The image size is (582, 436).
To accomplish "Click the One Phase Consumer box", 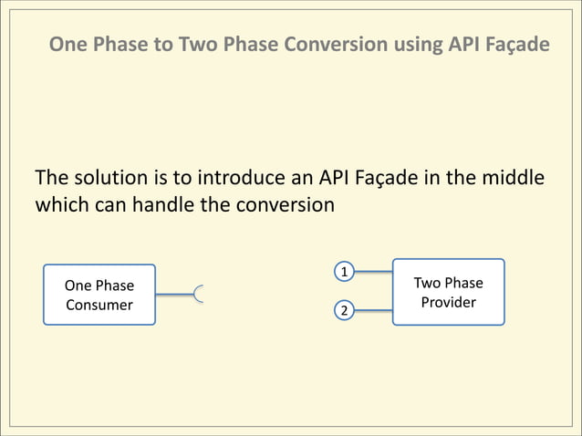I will [x=99, y=295].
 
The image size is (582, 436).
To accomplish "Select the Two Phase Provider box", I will [x=448, y=292].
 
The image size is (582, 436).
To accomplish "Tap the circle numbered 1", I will [x=344, y=272].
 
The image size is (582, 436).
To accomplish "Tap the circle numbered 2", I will [x=344, y=311].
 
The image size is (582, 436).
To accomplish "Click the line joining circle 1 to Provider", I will [x=372, y=272].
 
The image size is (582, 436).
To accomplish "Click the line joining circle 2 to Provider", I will [x=372, y=311].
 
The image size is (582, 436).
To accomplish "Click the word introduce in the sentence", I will [x=240, y=177].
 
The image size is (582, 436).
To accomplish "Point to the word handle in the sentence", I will [x=164, y=204].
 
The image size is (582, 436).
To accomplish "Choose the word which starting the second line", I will [x=62, y=204].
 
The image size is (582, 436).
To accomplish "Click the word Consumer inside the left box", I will [x=99, y=305].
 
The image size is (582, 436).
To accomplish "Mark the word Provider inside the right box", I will [x=448, y=302].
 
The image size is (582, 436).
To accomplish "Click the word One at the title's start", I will [x=67, y=44].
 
